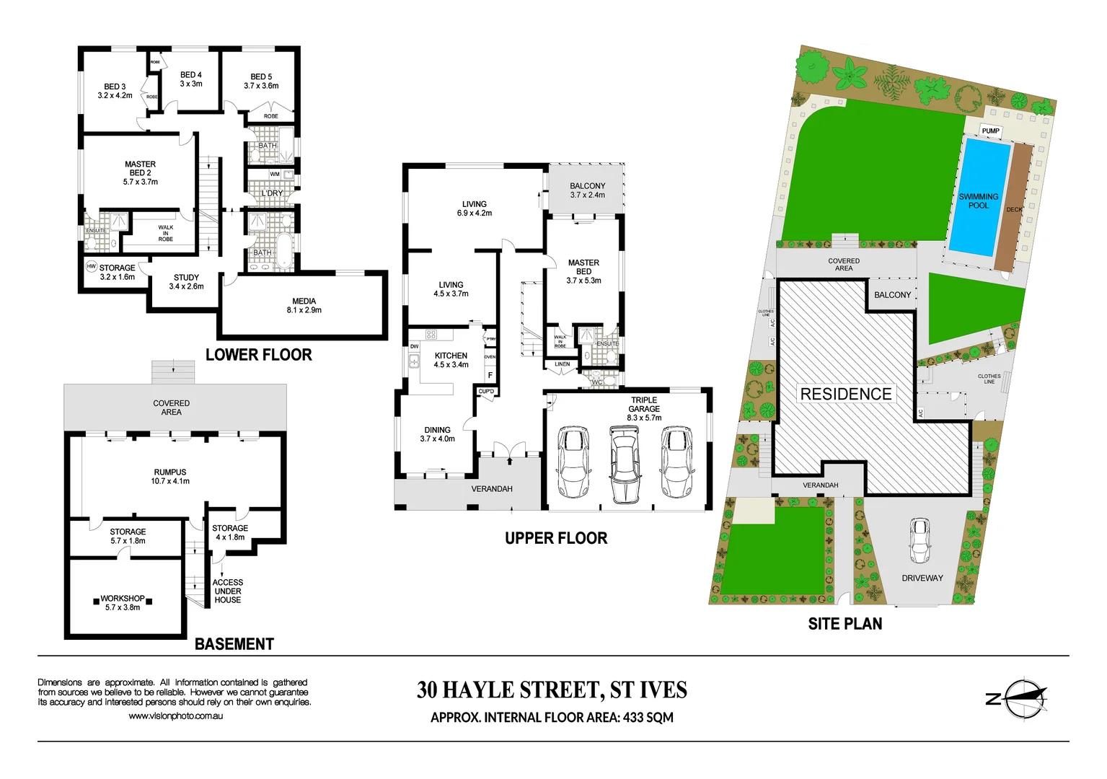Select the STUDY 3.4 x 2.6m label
click(x=186, y=282)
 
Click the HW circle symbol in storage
click(x=92, y=267)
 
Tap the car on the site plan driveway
click(x=919, y=540)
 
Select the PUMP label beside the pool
click(x=990, y=131)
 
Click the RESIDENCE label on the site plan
click(x=846, y=394)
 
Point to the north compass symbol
click(x=1023, y=698)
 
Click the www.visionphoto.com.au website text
click(x=175, y=716)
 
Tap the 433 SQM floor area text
click(x=648, y=718)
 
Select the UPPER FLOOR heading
click(x=556, y=538)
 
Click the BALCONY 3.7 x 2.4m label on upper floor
click(x=587, y=190)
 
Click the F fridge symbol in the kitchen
click(x=490, y=375)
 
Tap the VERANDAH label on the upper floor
click(x=492, y=489)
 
